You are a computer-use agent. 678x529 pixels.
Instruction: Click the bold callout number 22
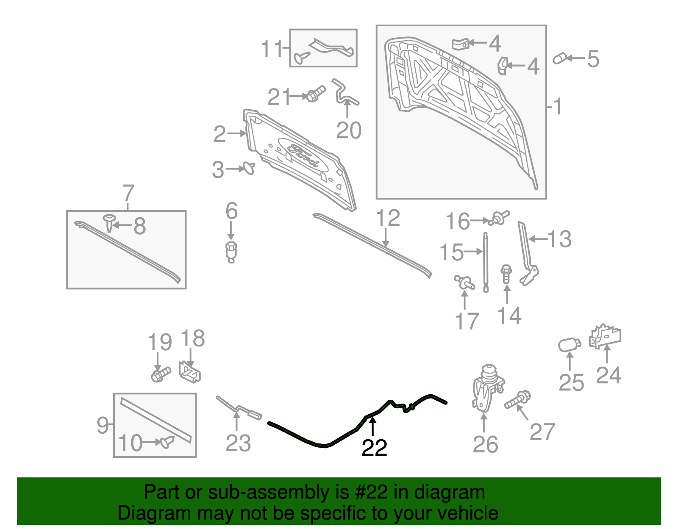pos(374,448)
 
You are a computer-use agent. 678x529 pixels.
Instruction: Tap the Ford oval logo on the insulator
pos(303,155)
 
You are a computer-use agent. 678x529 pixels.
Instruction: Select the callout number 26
pos(485,444)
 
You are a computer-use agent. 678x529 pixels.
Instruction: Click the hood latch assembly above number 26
pos(487,388)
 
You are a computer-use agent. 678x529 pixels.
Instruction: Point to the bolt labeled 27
pos(517,399)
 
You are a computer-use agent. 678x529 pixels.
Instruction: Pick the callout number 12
pos(388,218)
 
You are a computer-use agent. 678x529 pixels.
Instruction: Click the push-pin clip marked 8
pos(109,223)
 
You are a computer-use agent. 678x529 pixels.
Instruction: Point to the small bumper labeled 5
pos(560,58)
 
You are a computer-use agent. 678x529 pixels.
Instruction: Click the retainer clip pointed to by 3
pos(249,168)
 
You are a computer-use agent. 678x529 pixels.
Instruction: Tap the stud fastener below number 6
pos(231,252)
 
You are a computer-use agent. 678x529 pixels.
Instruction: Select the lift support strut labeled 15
pos(486,262)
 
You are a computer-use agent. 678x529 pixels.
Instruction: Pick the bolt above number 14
pos(506,274)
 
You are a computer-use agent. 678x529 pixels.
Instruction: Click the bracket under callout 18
pos(190,372)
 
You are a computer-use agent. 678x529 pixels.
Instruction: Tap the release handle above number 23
pos(239,408)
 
